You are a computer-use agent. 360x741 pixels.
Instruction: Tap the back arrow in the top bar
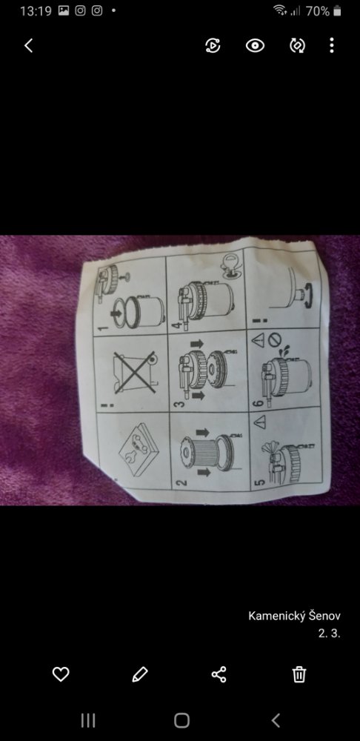click(x=29, y=45)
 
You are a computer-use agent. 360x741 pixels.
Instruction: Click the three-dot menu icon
click(x=332, y=45)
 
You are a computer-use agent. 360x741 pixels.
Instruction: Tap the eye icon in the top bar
click(x=255, y=45)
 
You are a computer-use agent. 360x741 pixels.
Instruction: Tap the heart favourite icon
click(x=61, y=674)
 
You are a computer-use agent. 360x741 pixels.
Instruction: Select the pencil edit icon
click(x=140, y=674)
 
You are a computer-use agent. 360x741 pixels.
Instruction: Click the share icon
click(x=219, y=674)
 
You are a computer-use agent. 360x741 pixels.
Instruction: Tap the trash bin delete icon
click(x=299, y=674)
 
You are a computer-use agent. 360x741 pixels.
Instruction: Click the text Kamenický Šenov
click(x=294, y=616)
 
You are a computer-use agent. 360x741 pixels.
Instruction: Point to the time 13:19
click(x=36, y=11)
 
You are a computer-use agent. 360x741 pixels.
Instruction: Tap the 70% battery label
click(x=318, y=11)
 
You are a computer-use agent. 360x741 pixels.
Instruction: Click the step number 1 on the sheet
click(x=104, y=324)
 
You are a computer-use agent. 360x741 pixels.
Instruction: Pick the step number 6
click(x=259, y=403)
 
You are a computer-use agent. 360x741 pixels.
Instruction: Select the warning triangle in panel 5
click(x=259, y=422)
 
